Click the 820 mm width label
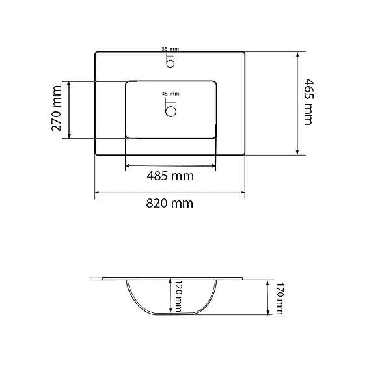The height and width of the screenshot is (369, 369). [x=169, y=203]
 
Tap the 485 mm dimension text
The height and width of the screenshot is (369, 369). [x=170, y=176]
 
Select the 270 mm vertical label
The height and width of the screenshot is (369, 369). [x=56, y=109]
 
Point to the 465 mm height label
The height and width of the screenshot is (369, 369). [x=309, y=102]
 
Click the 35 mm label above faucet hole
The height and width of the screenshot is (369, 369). [x=170, y=49]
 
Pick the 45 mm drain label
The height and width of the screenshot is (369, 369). [x=171, y=94]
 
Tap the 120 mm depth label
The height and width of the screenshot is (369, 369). [x=178, y=296]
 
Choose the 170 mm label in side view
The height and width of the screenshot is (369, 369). [x=279, y=299]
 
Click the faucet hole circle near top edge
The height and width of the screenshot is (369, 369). [x=171, y=64]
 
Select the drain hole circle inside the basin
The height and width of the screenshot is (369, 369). [x=171, y=111]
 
